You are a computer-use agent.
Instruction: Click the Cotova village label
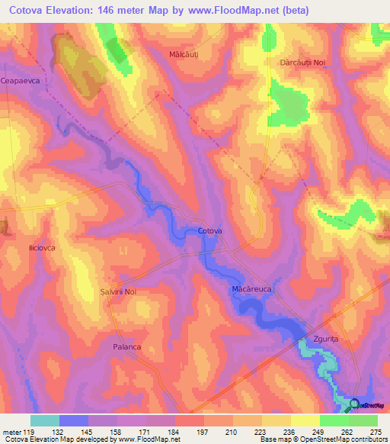(209, 230)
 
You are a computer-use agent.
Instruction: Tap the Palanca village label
(126, 346)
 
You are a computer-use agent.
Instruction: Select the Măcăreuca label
(252, 291)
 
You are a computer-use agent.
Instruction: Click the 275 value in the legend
(377, 431)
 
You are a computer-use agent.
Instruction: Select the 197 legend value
(203, 431)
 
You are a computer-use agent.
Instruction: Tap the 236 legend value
(290, 431)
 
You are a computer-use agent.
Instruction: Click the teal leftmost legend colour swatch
(45, 420)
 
